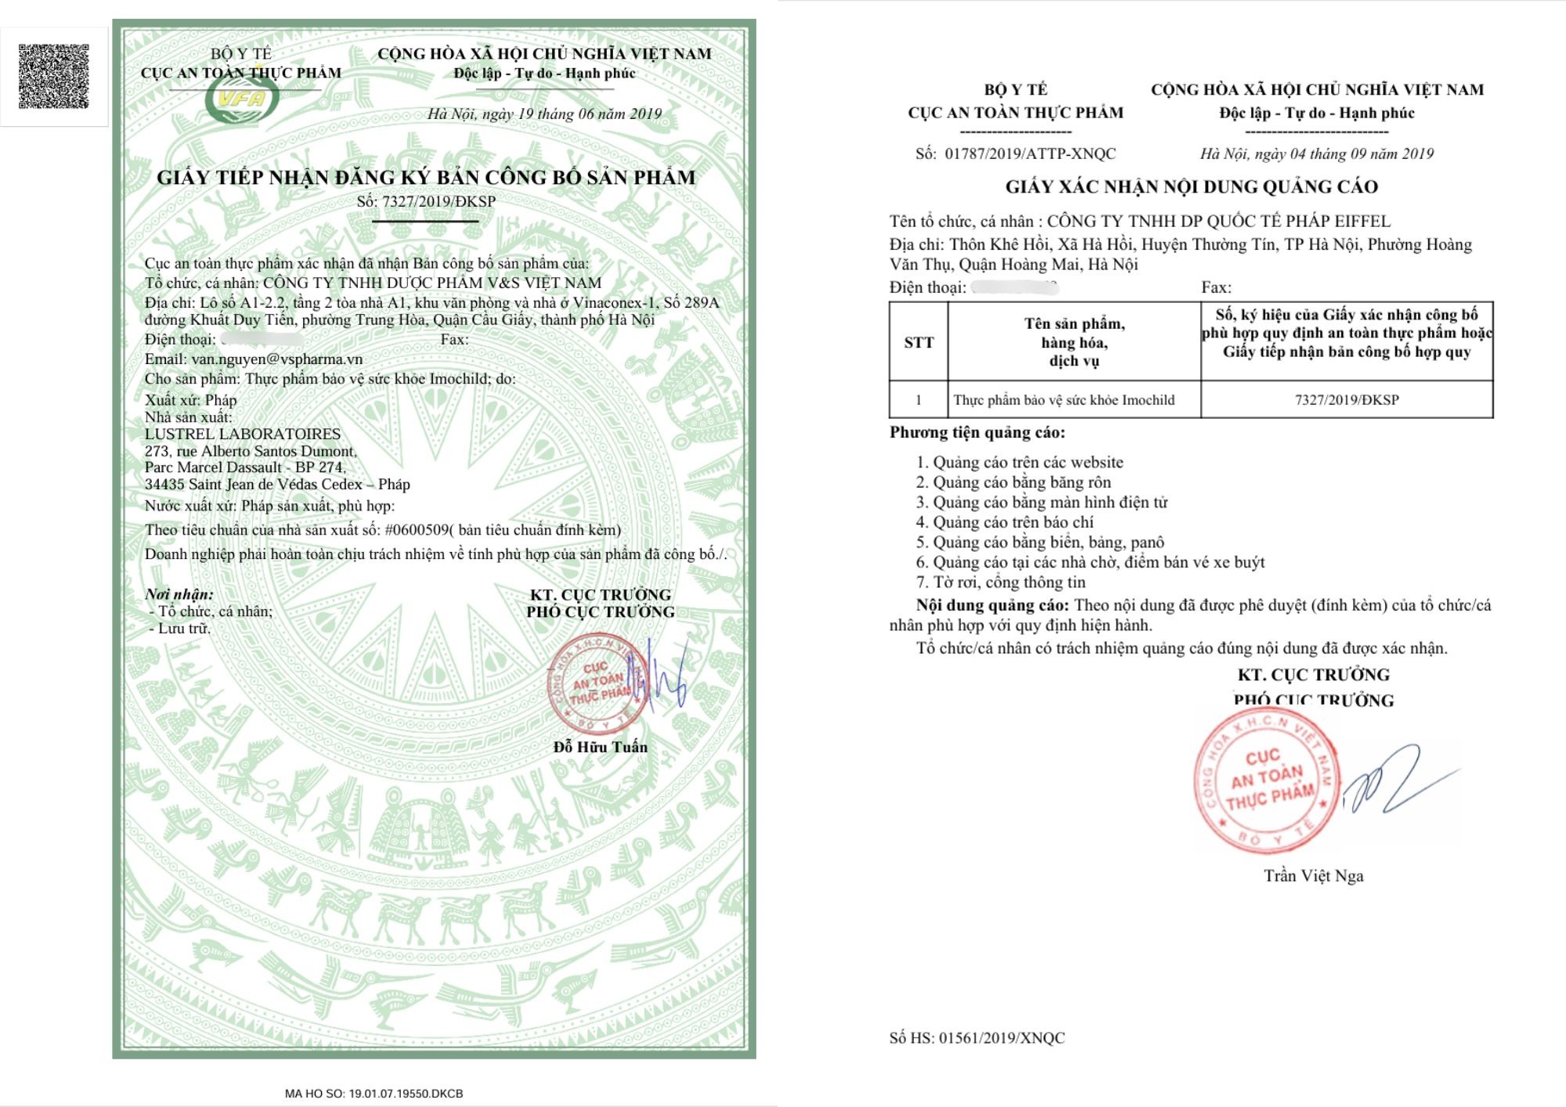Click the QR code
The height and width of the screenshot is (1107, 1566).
pyautogui.click(x=53, y=76)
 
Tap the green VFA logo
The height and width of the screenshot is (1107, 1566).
pyautogui.click(x=242, y=100)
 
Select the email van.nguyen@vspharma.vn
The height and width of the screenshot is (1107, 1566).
pyautogui.click(x=277, y=359)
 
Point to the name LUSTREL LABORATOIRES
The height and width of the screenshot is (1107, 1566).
pyautogui.click(x=243, y=434)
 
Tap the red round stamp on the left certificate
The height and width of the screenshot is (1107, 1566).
pyautogui.click(x=597, y=684)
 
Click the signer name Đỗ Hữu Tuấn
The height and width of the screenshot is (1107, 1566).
pyautogui.click(x=601, y=747)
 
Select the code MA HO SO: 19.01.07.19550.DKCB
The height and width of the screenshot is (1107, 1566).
pyautogui.click(x=373, y=1093)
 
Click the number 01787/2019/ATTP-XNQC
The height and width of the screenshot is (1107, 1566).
pyautogui.click(x=1030, y=153)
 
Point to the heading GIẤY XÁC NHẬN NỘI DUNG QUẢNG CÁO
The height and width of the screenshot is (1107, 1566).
pyautogui.click(x=1191, y=186)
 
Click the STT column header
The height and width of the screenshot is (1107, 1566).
pyautogui.click(x=918, y=342)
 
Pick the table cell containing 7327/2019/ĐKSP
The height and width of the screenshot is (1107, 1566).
pyautogui.click(x=1347, y=400)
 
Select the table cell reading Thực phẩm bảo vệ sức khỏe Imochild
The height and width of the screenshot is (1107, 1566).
pyautogui.click(x=1064, y=400)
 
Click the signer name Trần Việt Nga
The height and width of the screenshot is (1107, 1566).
pyautogui.click(x=1313, y=876)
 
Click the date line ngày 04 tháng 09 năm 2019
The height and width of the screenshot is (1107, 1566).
pyautogui.click(x=1316, y=153)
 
